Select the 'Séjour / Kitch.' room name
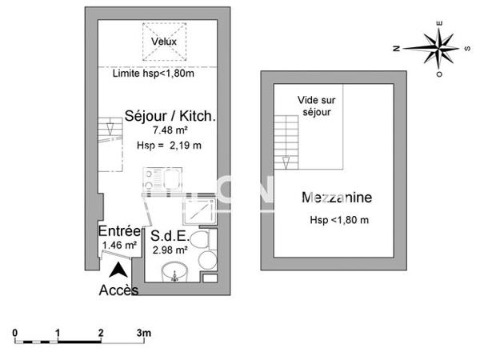[170, 117]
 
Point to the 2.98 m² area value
[170, 250]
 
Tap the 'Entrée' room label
[115, 230]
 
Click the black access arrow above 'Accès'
[118, 270]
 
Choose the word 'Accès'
[118, 290]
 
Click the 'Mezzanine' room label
[337, 198]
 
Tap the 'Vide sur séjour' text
[314, 106]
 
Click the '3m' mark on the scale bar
[142, 331]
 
